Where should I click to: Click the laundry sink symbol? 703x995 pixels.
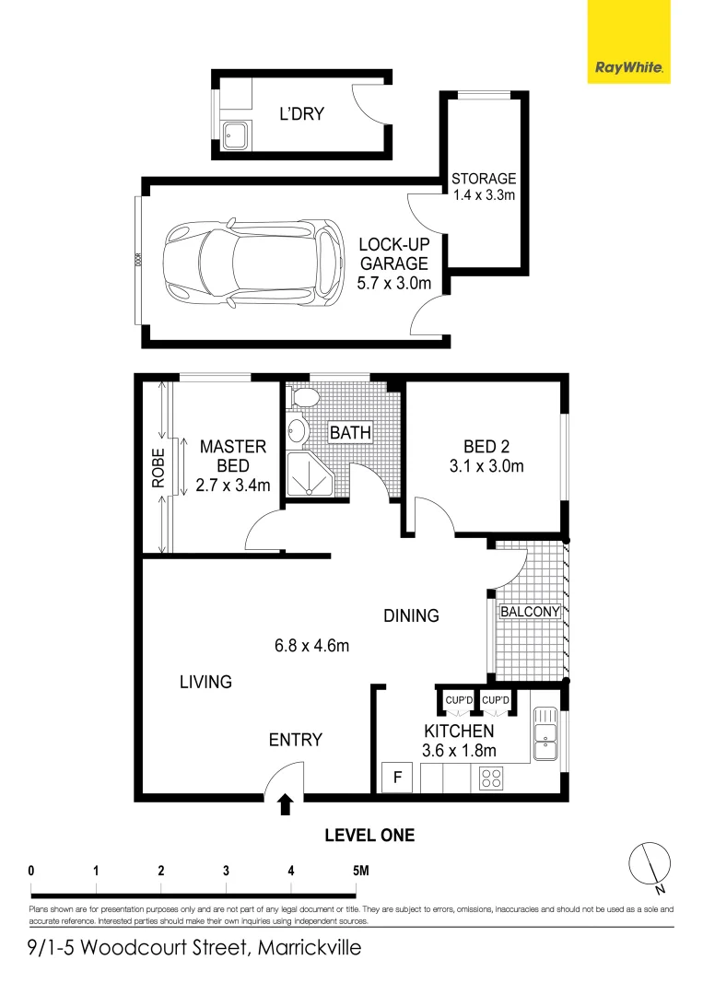click(234, 135)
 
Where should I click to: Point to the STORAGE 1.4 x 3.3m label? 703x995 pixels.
click(484, 187)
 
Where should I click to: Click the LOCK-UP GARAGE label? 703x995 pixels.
click(393, 263)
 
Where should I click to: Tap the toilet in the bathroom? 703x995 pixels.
click(303, 398)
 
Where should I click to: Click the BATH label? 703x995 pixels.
click(350, 432)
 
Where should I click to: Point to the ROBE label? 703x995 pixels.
click(158, 466)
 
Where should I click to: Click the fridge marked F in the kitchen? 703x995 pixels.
click(398, 777)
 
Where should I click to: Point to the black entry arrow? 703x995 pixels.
click(286, 805)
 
